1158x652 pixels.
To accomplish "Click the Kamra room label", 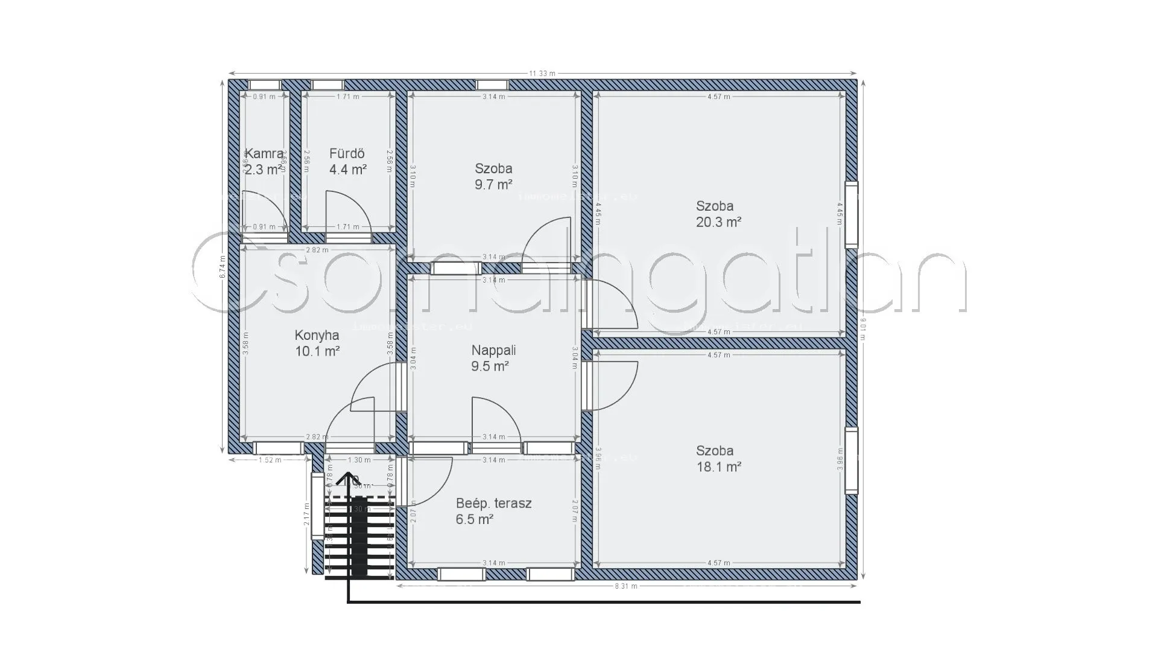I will click(x=264, y=154).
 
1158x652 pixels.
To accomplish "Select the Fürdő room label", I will click(x=347, y=154).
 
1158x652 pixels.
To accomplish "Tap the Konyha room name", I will click(x=317, y=335).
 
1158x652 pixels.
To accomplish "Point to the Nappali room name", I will click(x=493, y=350).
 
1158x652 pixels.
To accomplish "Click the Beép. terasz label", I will click(x=493, y=503).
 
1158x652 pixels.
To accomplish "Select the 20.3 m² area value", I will click(x=718, y=222).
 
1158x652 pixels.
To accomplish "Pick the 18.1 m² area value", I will click(x=718, y=467).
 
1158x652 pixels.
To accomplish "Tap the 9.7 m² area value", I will click(x=493, y=185).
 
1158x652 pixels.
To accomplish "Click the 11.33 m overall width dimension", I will click(x=542, y=74).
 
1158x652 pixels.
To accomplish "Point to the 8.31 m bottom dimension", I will click(x=625, y=586).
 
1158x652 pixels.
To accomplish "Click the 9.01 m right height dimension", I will click(x=863, y=329).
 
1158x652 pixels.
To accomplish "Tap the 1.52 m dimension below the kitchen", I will click(x=270, y=460).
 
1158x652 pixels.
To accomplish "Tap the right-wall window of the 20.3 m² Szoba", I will click(x=851, y=214).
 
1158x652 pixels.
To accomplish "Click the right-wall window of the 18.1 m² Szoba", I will click(x=851, y=461).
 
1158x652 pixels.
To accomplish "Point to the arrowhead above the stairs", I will click(x=348, y=479).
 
